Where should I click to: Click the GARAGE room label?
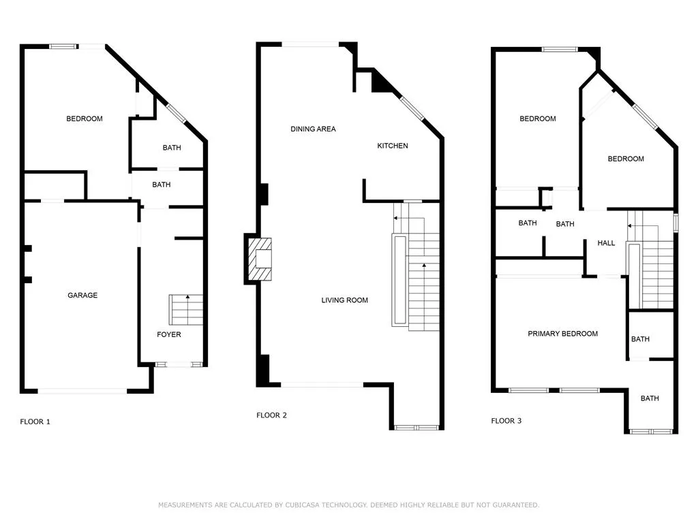click(82, 296)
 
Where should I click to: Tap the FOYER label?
click(169, 334)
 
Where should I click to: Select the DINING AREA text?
click(313, 129)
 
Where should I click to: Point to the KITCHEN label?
click(392, 146)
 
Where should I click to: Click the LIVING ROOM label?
click(344, 300)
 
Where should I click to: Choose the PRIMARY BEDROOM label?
click(562, 334)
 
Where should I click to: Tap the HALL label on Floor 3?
click(606, 243)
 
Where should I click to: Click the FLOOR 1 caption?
click(35, 422)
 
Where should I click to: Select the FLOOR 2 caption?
click(271, 415)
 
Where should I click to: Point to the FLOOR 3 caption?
click(506, 421)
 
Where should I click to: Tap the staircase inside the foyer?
click(186, 310)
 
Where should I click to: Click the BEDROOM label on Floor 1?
click(84, 118)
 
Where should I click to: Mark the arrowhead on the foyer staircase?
click(188, 296)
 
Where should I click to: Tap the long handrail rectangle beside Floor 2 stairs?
click(399, 279)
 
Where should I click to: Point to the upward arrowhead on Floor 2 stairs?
click(424, 266)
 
